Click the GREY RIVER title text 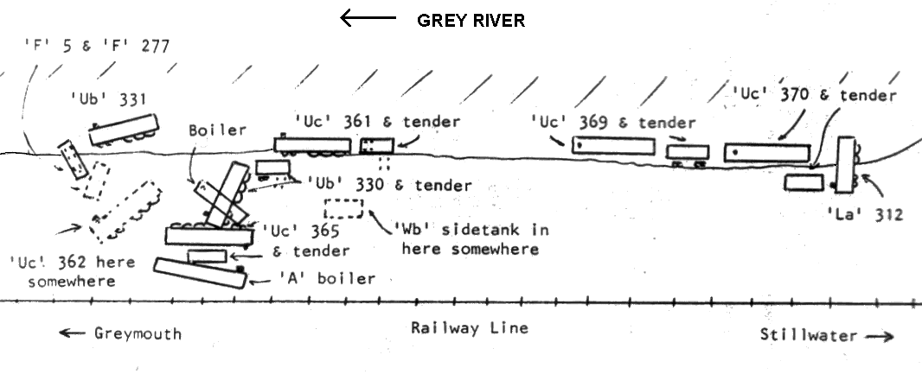[471, 21]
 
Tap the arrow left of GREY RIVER [368, 18]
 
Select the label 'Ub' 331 [108, 99]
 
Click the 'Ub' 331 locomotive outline [124, 130]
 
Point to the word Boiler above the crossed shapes [218, 130]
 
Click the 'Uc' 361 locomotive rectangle [312, 146]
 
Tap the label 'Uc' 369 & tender [613, 123]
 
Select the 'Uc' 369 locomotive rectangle [613, 146]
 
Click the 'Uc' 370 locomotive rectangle [767, 153]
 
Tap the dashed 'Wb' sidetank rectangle [343, 209]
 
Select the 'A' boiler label [327, 278]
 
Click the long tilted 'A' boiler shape [200, 274]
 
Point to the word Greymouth [138, 334]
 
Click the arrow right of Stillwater [880, 336]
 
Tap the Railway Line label [470, 327]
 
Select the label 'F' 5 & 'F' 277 [96, 46]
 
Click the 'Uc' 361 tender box [377, 146]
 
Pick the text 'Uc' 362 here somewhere [72, 271]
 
